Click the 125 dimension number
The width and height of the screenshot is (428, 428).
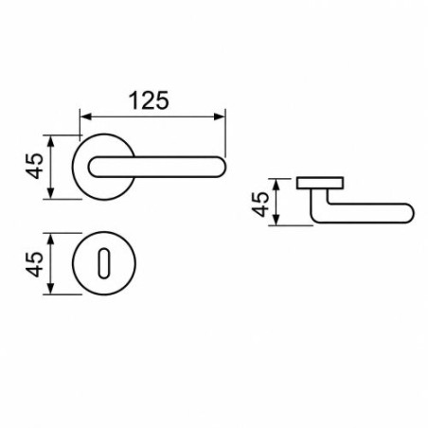pyautogui.click(x=149, y=100)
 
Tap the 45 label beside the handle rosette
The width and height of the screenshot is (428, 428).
pyautogui.click(x=34, y=167)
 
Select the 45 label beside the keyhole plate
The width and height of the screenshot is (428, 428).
pyautogui.click(x=34, y=264)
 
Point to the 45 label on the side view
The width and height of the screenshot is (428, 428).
pyautogui.click(x=260, y=205)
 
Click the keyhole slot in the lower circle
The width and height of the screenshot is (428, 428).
pyautogui.click(x=103, y=264)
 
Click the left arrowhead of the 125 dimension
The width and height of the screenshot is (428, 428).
pyautogui.click(x=85, y=116)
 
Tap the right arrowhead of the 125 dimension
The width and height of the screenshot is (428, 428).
pyautogui.click(x=220, y=116)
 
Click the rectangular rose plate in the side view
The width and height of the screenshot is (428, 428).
pyautogui.click(x=320, y=183)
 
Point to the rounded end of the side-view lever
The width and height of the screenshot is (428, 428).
pyautogui.click(x=409, y=213)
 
